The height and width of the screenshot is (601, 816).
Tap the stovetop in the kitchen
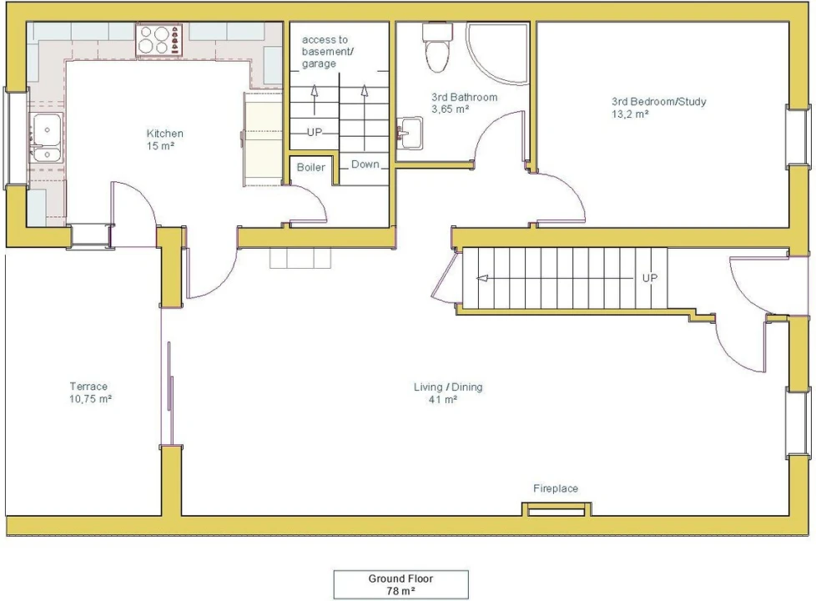coord(159,40)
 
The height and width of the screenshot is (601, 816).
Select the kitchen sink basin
coord(47,139)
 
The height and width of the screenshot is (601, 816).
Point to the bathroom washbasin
coord(410,133)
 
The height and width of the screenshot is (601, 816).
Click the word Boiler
coord(310,167)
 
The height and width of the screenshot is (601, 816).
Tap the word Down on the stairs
coord(365,164)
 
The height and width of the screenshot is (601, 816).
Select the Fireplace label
coord(556,488)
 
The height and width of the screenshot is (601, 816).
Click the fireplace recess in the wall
coord(557,510)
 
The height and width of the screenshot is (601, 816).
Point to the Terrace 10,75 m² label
coord(90,392)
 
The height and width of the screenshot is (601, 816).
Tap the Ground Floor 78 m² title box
coord(400,585)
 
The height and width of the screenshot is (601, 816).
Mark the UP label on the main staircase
coord(649,278)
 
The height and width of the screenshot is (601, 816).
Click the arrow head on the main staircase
coord(482,278)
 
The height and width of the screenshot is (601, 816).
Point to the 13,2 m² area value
coord(630,114)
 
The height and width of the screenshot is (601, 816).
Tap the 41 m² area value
coord(443,400)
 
